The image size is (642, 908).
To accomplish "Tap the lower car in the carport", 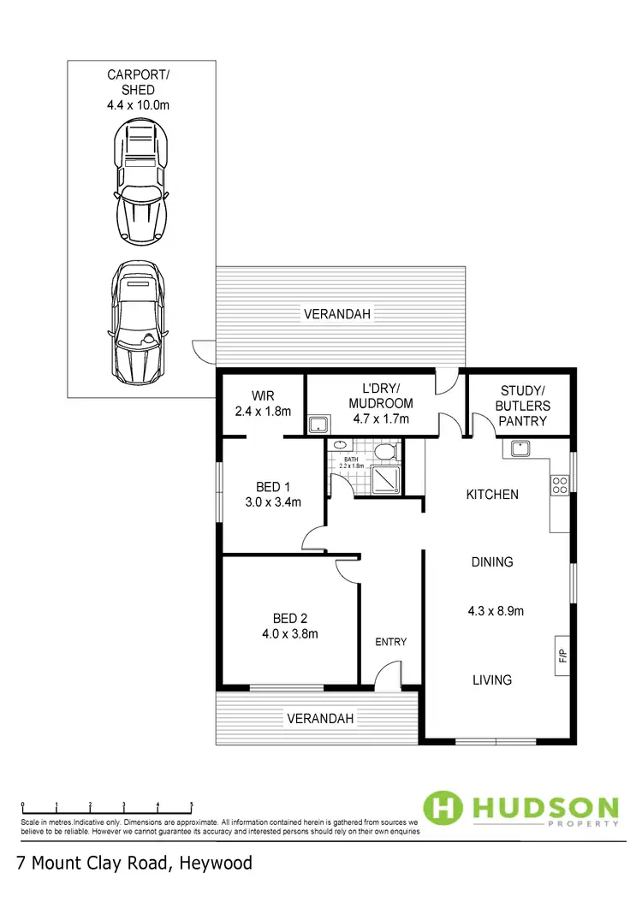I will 140,323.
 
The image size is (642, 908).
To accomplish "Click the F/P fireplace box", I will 562,656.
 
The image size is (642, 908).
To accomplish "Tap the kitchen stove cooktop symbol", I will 560,485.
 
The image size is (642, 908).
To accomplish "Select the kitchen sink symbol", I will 520,448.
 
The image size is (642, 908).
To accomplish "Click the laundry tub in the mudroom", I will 319,424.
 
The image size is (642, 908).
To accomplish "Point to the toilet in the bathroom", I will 386,451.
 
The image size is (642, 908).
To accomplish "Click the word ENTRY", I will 391,642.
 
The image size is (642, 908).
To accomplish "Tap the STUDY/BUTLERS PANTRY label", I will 523,406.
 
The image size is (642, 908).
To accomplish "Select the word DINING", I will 492,562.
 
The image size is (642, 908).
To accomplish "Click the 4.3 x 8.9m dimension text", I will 496,611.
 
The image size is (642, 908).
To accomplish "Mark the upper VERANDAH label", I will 337,314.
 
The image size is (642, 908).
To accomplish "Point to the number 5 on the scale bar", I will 191,804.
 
